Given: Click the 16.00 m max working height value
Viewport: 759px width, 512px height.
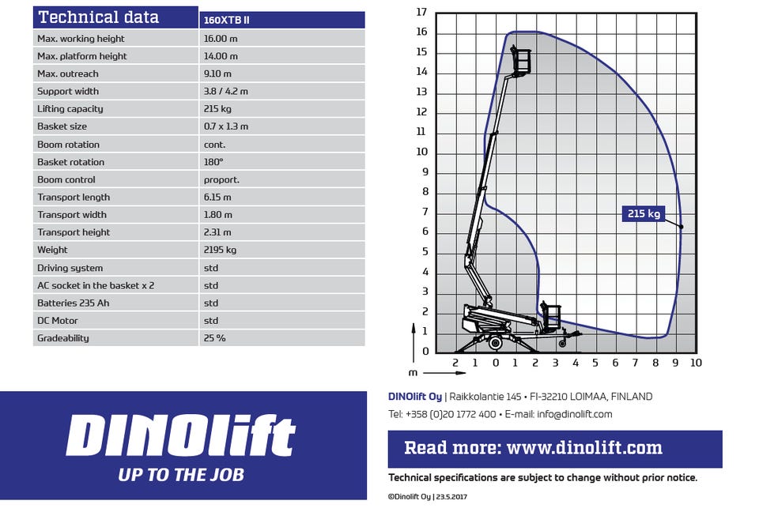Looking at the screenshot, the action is (221, 39).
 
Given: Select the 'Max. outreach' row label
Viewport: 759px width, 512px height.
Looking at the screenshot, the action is (68, 73).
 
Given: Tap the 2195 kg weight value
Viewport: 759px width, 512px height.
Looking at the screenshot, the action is (220, 250).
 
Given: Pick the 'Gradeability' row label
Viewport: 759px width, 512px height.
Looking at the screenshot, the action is (63, 338).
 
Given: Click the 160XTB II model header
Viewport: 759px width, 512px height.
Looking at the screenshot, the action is (227, 20).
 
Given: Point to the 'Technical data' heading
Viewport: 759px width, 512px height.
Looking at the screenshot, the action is (99, 17).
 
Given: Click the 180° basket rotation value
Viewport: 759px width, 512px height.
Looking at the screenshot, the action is (213, 162).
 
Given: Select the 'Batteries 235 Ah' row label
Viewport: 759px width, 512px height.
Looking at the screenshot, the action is (73, 303).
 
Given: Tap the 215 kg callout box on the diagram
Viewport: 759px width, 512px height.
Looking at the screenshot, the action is (644, 213).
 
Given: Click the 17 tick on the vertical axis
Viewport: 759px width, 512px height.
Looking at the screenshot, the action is (421, 12).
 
